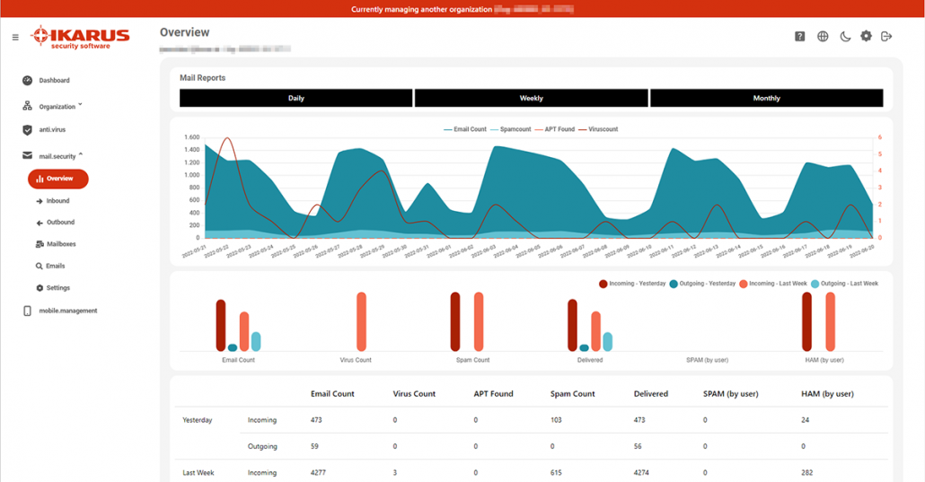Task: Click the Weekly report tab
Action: (x=531, y=98)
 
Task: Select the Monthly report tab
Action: (x=766, y=98)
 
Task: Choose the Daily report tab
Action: (x=295, y=98)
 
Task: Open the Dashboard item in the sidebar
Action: (x=53, y=81)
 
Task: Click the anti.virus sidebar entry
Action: (x=51, y=130)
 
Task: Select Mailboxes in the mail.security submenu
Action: (x=60, y=244)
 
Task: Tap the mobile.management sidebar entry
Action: (x=66, y=311)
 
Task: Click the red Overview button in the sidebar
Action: (x=58, y=179)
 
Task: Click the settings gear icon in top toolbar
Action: (x=866, y=37)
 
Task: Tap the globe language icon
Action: (x=823, y=37)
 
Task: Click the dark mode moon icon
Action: (x=845, y=37)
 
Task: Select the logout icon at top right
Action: (x=886, y=37)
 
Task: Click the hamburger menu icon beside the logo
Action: (x=15, y=38)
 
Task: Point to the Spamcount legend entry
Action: (x=510, y=129)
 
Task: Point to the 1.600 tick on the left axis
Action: (x=191, y=137)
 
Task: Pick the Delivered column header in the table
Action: (x=650, y=394)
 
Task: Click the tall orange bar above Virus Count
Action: (x=361, y=321)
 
